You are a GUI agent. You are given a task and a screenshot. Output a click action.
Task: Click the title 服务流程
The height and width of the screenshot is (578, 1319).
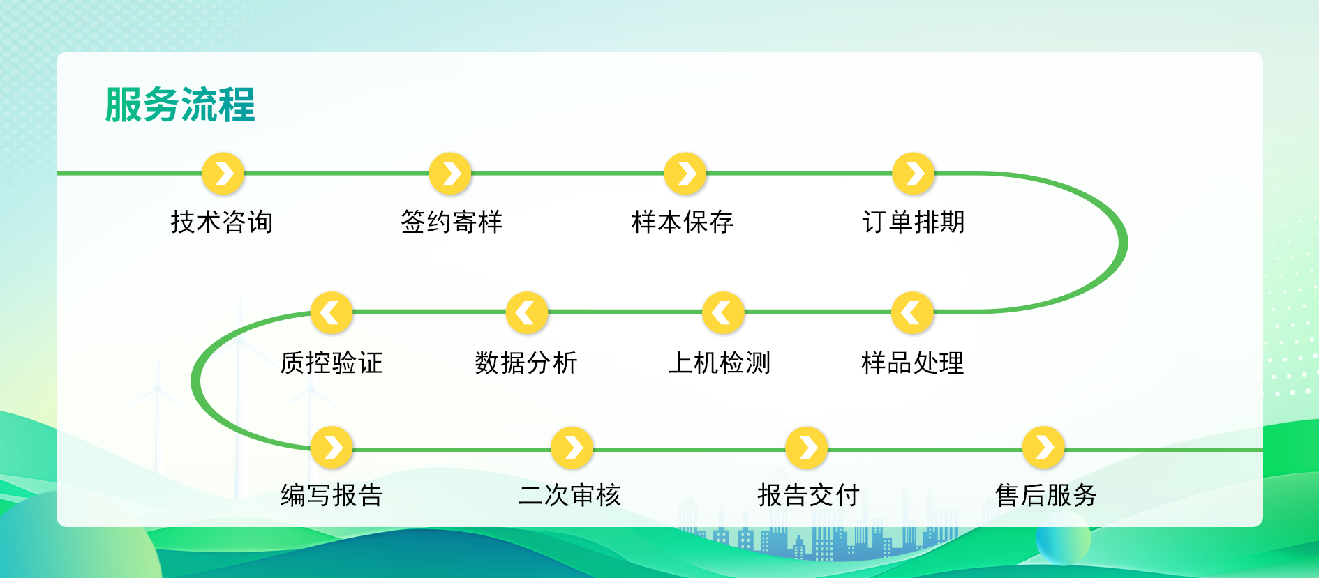[180, 105]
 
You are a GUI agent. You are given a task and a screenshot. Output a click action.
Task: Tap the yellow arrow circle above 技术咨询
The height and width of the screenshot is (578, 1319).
[223, 173]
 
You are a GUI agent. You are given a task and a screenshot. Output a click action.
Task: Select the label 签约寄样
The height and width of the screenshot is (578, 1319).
[452, 222]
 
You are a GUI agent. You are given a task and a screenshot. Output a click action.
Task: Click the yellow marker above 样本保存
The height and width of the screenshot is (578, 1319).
[685, 173]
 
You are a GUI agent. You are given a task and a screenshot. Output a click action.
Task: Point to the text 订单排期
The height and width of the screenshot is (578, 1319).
[914, 222]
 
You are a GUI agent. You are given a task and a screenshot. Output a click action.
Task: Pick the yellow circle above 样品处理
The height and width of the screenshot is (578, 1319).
[912, 312]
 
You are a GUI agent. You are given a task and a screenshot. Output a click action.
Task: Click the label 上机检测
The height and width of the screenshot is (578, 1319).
[720, 363]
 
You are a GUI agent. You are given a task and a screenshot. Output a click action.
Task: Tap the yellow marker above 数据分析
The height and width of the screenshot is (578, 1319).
[527, 312]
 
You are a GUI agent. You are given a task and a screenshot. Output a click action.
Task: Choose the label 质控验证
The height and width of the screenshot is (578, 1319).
[331, 363]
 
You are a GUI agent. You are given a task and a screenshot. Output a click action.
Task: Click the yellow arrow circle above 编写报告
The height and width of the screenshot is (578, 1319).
[331, 447]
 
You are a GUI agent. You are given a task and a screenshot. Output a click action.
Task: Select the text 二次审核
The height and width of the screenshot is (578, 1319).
[569, 495]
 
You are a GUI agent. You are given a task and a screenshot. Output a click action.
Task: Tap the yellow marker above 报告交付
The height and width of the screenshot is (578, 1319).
[806, 447]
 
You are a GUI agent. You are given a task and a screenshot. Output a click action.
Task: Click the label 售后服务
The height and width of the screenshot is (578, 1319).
[1046, 495]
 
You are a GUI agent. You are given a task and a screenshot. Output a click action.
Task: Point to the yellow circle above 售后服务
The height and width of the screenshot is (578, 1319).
[1043, 447]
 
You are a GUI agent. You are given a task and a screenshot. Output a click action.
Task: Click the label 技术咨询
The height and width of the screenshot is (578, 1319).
[222, 222]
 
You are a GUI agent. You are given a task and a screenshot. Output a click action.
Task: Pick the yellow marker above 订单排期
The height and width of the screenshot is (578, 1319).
[914, 173]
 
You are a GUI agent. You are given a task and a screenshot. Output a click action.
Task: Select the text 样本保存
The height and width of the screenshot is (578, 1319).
[683, 222]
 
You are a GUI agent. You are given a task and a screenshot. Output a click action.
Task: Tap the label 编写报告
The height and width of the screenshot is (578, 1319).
[331, 495]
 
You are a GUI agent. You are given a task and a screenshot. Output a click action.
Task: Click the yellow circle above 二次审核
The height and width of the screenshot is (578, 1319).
[572, 447]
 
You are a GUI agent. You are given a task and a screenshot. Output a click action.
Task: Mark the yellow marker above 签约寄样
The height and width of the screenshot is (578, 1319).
[450, 173]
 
